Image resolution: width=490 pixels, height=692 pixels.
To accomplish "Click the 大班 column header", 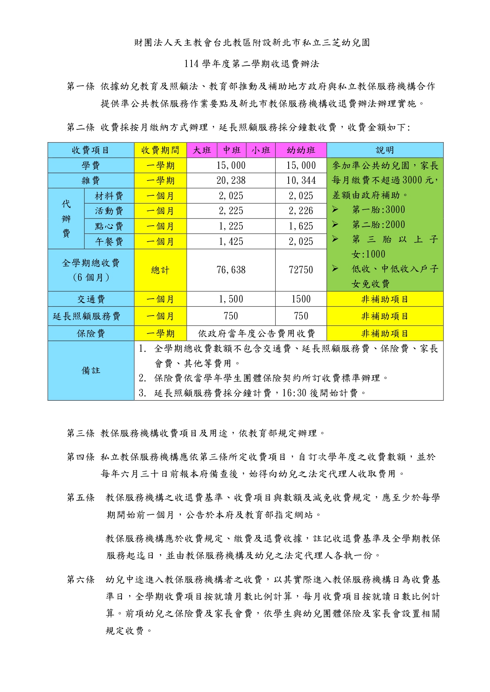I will [x=202, y=150].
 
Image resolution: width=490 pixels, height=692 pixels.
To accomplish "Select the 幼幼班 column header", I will [x=301, y=150].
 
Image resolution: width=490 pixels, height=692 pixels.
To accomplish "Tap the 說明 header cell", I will [x=385, y=150].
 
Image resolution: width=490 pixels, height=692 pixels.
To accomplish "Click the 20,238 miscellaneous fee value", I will [x=231, y=181].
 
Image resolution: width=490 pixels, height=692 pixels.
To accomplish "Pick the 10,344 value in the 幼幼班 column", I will [x=301, y=181].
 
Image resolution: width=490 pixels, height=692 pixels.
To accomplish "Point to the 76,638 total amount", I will [x=231, y=270].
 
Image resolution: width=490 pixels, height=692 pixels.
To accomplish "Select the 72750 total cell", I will [x=301, y=270].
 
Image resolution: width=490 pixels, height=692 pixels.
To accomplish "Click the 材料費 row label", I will [x=109, y=196].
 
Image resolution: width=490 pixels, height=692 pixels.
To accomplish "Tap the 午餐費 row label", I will [x=109, y=241].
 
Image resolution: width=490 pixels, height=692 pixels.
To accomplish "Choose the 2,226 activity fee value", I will [x=301, y=211].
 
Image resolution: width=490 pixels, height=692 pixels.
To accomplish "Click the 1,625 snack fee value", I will [x=301, y=226].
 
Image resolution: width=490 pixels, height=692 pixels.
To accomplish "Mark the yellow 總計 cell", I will [x=160, y=270].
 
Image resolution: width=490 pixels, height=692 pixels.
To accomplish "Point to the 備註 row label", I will [x=91, y=371].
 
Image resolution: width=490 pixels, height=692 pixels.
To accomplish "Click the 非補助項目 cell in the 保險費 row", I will [x=385, y=334].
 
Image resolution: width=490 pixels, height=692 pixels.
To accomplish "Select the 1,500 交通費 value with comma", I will [x=231, y=299].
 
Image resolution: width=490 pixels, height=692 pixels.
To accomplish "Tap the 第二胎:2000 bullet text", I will [x=378, y=225].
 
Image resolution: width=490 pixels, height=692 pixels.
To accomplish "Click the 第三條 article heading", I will [x=81, y=433].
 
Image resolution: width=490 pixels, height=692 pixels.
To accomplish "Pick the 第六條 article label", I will [x=81, y=579].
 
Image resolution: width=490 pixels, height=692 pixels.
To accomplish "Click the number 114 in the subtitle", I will [x=191, y=64].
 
